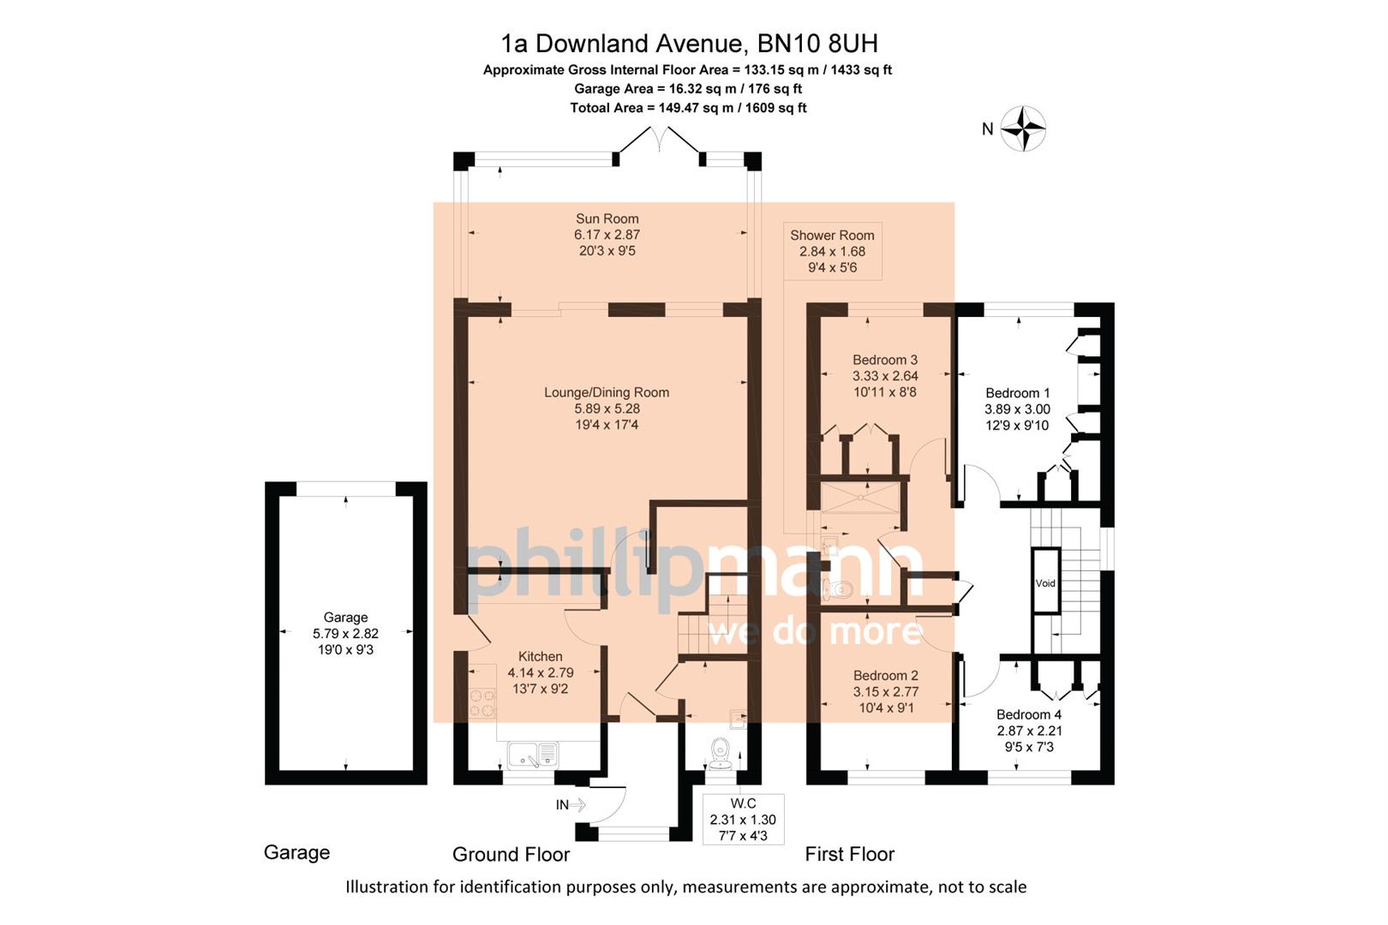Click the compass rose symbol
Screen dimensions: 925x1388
click(1023, 129)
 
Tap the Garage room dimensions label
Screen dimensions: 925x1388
click(345, 634)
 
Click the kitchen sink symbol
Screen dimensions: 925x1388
click(532, 755)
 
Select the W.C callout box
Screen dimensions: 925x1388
click(743, 820)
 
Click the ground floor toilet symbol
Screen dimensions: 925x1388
click(719, 750)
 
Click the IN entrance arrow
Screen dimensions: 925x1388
click(571, 804)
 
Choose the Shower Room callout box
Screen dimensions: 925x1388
click(832, 251)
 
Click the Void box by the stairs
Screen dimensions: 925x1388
click(1045, 582)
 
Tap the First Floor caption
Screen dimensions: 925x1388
click(849, 854)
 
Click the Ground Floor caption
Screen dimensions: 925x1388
click(511, 854)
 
